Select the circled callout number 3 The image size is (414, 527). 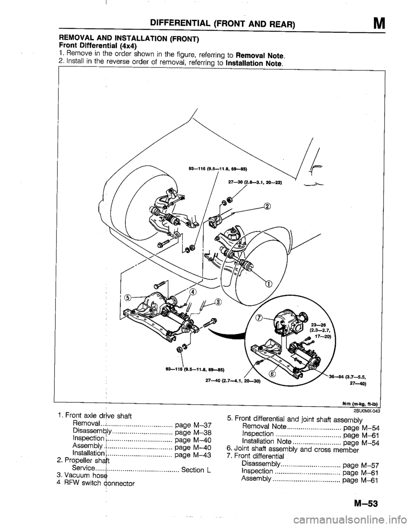[x=219, y=302]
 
